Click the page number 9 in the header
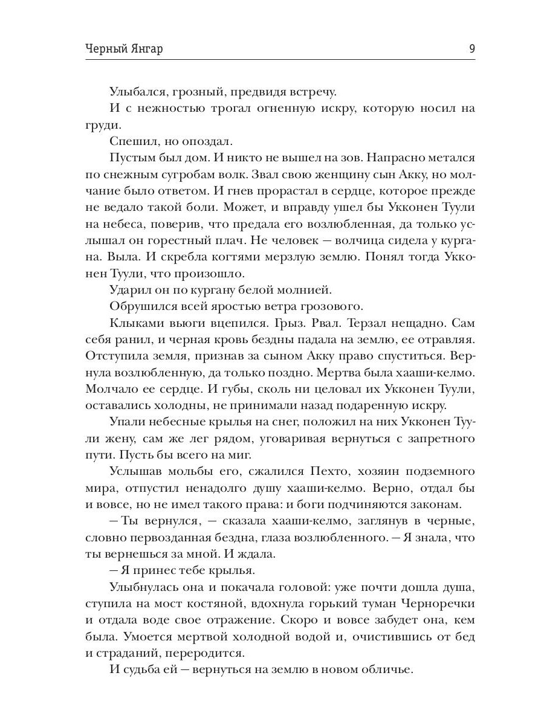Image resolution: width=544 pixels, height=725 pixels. pyautogui.click(x=471, y=49)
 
